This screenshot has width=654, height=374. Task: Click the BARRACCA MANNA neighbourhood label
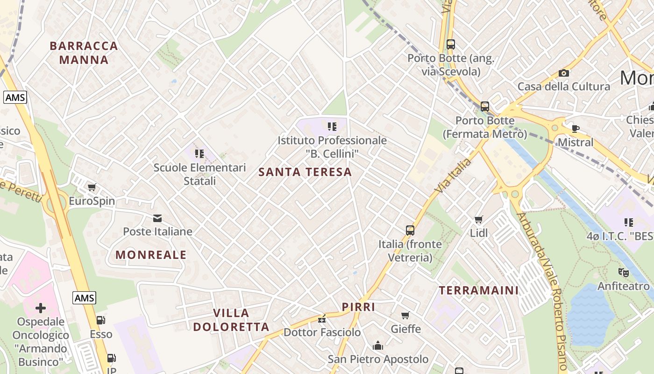point(84,53)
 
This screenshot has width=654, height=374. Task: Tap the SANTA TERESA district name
point(305,172)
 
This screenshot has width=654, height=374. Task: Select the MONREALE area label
point(151,255)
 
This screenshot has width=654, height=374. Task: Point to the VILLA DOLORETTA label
point(231,320)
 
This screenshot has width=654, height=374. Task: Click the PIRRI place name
point(358,307)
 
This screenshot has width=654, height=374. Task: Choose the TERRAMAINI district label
point(479,290)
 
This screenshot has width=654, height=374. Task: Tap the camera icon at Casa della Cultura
point(564,73)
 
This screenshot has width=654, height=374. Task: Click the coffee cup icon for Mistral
point(576,129)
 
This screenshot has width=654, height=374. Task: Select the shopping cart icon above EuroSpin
point(92,187)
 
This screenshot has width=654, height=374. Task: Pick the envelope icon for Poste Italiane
point(157,218)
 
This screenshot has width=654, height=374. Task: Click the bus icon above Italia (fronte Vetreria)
point(410,230)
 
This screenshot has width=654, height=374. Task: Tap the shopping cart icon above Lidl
point(479,219)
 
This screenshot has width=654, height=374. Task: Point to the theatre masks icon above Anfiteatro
point(623,272)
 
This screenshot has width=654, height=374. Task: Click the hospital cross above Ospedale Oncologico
point(41,308)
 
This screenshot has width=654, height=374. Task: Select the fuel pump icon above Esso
point(100,320)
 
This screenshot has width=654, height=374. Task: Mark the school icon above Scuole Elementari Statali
point(199,153)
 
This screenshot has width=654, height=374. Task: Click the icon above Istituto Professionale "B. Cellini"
point(332,126)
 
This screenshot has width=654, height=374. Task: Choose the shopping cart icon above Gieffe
point(405,315)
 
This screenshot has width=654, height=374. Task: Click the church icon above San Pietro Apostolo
point(377,345)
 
